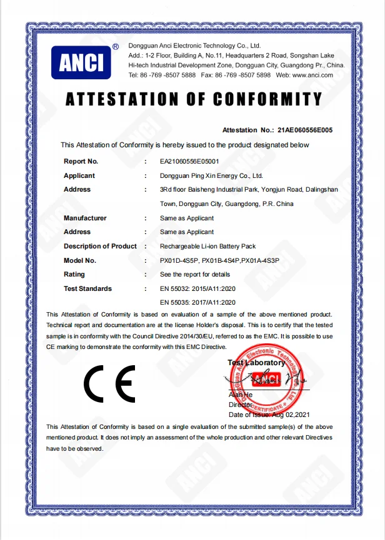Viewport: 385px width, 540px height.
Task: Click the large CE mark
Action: [x=109, y=383]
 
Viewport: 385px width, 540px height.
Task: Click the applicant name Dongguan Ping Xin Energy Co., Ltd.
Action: [x=211, y=176]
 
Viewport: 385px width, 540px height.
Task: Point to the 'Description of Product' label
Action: [x=100, y=246]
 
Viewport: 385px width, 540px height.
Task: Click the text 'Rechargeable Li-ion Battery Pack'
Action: [x=208, y=247]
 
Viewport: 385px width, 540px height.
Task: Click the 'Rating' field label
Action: [x=74, y=274]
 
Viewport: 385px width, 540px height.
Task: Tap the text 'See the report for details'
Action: [x=195, y=274]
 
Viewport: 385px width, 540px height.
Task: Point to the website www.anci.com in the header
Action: [x=312, y=75]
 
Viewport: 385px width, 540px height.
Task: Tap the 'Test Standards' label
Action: [x=87, y=288]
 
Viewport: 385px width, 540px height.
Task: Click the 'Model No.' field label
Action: [x=80, y=260]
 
